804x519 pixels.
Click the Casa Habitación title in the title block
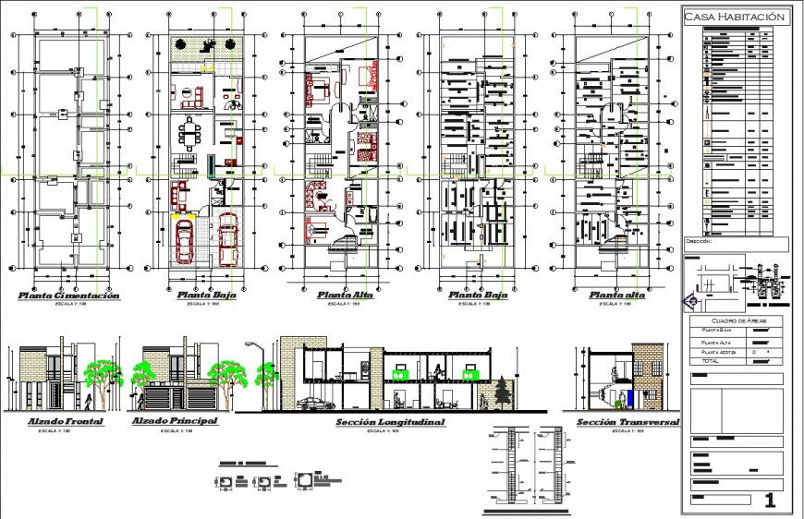(735, 17)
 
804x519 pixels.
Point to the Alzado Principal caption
(176, 422)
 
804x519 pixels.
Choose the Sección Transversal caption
(628, 423)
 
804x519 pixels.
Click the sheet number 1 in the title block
(770, 501)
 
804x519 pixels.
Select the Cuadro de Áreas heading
(735, 320)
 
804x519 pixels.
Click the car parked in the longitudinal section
(316, 404)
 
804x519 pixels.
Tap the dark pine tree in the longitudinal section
(503, 391)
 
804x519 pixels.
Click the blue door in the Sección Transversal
(630, 398)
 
